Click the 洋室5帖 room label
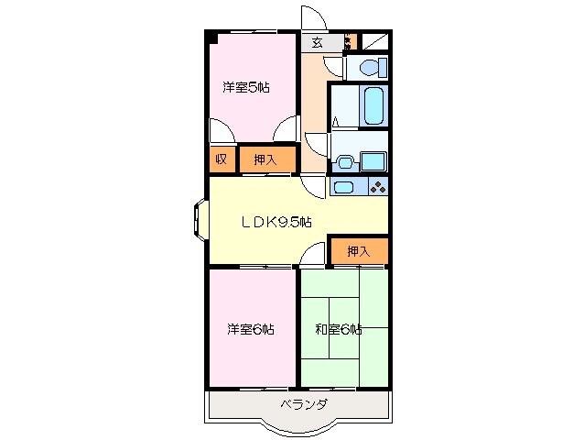pos(245,89)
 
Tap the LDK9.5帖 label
pos(276,221)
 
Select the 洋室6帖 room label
pos(250,328)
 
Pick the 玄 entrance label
pos(317,42)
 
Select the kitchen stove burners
pos(378,188)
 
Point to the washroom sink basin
pos(345,162)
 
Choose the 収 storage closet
pos(221,159)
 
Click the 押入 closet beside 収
pos(266,159)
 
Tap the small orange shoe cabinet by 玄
pos(348,41)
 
